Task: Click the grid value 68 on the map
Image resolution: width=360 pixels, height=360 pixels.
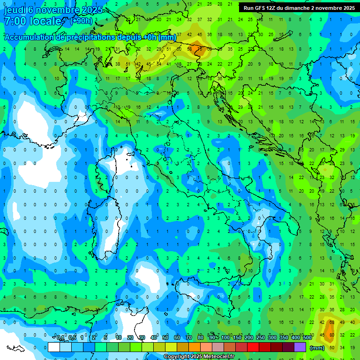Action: (x=331, y=322)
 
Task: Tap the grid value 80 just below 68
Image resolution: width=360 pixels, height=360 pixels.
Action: (x=331, y=335)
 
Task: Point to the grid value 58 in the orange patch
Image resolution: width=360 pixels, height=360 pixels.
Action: (x=190, y=48)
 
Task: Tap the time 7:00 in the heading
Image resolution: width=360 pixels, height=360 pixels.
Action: (x=14, y=21)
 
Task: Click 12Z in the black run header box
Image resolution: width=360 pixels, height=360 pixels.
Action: (x=270, y=8)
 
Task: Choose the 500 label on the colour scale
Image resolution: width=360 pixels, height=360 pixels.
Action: (x=307, y=338)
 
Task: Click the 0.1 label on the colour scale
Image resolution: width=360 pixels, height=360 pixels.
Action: (x=60, y=338)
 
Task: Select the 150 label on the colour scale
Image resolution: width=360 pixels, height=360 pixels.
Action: (x=237, y=338)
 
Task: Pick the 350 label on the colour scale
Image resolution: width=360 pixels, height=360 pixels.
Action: (x=284, y=338)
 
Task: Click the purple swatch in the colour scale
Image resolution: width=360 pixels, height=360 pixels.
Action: (x=300, y=347)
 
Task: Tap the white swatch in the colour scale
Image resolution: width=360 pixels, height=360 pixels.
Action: (x=54, y=347)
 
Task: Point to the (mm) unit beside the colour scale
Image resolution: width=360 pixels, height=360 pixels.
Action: (x=317, y=348)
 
